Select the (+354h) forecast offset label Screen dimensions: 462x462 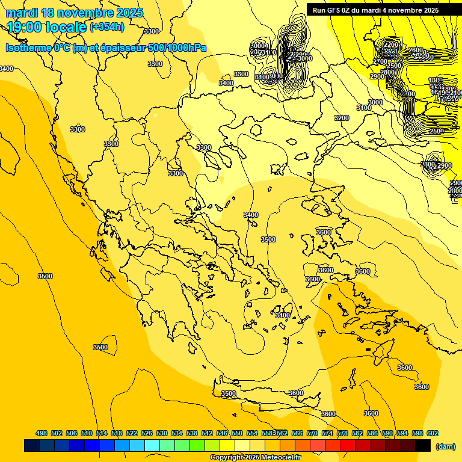(107, 26)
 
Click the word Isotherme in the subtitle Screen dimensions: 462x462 (28, 48)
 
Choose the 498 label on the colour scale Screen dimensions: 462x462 (42, 433)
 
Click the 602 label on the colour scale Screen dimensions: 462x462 (433, 433)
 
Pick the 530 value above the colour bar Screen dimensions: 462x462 (162, 433)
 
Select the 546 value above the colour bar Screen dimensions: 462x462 (222, 433)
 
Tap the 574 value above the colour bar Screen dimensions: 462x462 (327, 433)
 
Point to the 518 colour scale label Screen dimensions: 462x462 (117, 433)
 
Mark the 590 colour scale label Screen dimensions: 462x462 (387, 433)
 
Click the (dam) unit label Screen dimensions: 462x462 (445, 446)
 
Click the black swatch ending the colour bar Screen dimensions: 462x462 (423, 445)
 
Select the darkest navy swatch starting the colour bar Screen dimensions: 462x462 (32, 445)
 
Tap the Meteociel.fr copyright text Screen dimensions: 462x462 (256, 458)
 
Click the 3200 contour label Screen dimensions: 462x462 (341, 118)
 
